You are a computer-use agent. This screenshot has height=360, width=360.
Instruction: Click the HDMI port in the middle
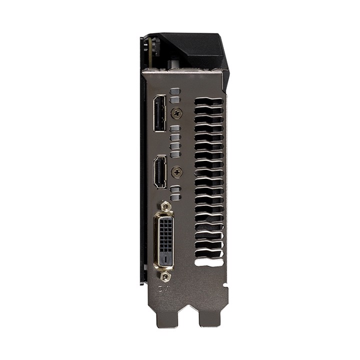pyautogui.click(x=160, y=171)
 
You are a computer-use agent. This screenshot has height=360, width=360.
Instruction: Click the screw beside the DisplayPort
pyautogui.click(x=176, y=113)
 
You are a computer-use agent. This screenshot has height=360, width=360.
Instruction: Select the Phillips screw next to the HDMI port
pyautogui.click(x=176, y=172)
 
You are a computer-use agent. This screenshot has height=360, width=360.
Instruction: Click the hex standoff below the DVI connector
pyautogui.click(x=166, y=275)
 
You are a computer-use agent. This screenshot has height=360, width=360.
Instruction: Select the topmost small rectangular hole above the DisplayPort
pyautogui.click(x=175, y=92)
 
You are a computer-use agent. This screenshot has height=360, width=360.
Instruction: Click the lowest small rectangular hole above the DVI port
pyautogui.click(x=175, y=196)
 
